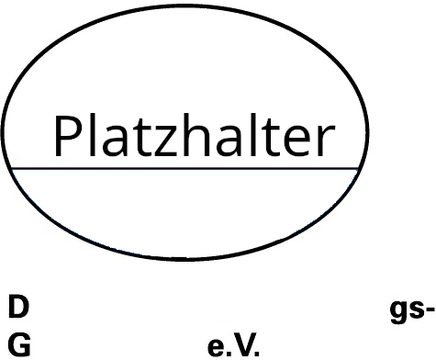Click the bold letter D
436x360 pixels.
(x=18, y=307)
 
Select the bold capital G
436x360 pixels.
(x=19, y=344)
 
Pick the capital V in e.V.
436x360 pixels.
(x=243, y=344)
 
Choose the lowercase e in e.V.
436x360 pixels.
(x=216, y=347)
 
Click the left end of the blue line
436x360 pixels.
(x=11, y=168)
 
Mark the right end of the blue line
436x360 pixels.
(x=358, y=168)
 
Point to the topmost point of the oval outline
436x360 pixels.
(x=187, y=6)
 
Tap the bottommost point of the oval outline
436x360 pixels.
(x=184, y=259)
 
